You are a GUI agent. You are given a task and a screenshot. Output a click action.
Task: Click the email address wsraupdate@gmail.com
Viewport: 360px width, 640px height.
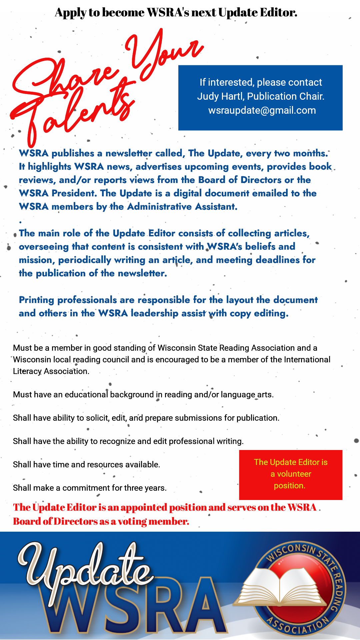click(262, 110)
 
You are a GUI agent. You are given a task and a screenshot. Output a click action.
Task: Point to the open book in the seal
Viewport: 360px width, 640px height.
click(280, 587)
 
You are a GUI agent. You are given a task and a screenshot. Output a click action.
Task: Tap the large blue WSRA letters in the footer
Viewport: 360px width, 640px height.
click(133, 607)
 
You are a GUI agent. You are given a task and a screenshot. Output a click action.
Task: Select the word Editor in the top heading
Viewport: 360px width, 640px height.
click(279, 13)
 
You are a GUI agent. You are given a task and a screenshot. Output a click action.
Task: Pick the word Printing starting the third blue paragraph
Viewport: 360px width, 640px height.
click(36, 300)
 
